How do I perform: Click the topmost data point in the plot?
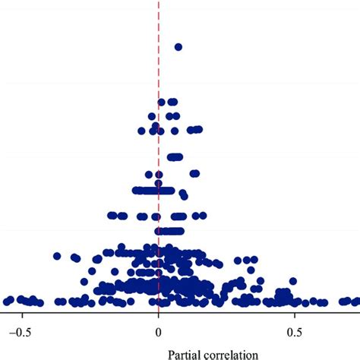(x=178, y=47)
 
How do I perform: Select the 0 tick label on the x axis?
(x=158, y=330)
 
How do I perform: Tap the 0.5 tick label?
(x=294, y=330)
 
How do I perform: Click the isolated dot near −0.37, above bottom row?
(x=58, y=256)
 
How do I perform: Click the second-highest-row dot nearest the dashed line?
(x=162, y=102)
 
